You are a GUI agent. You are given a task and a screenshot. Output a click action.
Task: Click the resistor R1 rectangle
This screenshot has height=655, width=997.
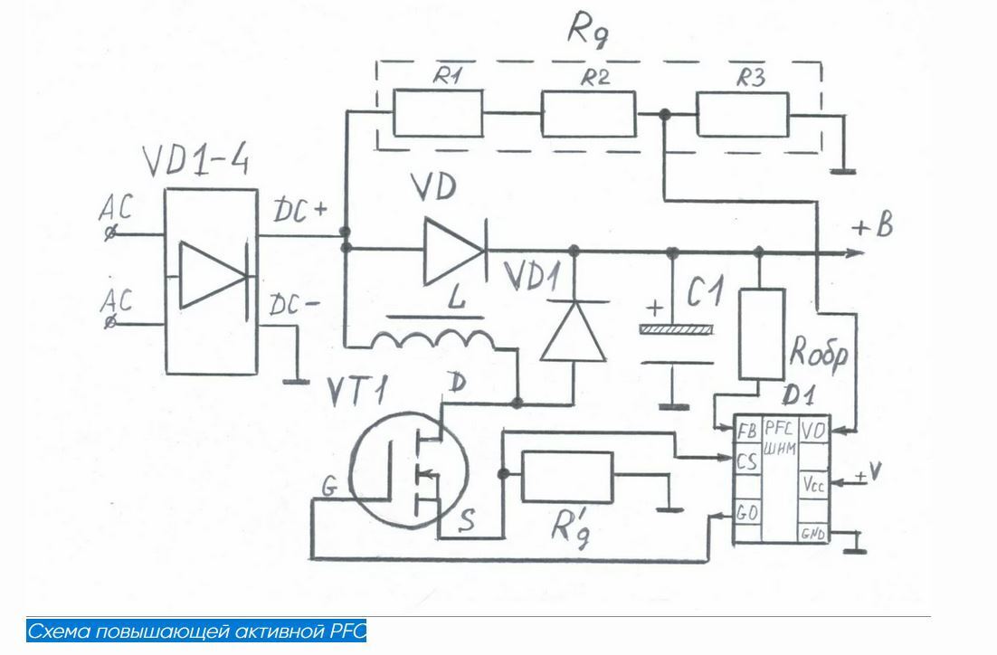(x=438, y=115)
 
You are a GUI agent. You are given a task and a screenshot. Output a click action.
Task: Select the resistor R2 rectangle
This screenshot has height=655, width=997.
(x=588, y=115)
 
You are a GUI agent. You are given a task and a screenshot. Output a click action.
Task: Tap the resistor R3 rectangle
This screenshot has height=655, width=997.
(x=743, y=116)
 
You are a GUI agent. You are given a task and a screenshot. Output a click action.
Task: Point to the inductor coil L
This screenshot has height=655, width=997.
(x=432, y=339)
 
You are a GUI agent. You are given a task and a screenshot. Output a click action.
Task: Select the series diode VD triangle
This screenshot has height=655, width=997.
(x=451, y=246)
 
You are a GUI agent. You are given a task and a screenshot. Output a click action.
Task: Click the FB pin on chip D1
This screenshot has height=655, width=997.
(x=747, y=430)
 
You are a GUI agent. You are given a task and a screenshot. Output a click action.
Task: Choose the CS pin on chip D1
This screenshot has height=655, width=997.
(x=746, y=462)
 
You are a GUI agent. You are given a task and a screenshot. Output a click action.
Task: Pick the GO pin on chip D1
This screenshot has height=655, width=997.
(x=747, y=514)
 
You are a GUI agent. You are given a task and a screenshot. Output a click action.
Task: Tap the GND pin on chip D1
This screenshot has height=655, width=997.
(x=812, y=535)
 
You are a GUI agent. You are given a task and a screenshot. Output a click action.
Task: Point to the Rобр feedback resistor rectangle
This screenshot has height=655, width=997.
(x=760, y=334)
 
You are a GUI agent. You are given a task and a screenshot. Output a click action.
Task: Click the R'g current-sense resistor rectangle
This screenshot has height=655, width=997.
(x=567, y=475)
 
